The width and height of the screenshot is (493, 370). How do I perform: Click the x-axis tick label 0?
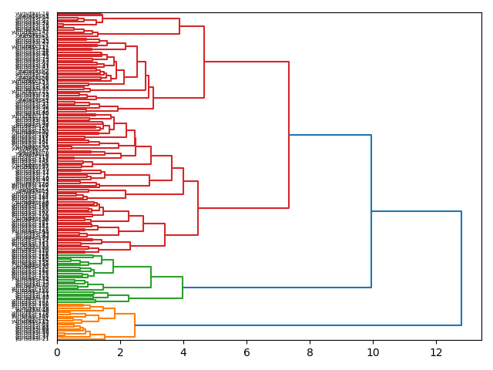[57, 351]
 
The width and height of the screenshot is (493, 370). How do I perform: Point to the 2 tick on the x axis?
[120, 351]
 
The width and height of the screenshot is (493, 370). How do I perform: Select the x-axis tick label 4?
[183, 351]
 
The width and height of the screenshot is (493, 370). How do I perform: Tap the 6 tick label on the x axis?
[246, 351]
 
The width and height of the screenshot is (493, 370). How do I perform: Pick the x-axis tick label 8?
[310, 351]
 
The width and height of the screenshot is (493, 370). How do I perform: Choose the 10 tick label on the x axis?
[373, 351]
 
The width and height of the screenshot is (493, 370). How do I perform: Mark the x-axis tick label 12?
[436, 351]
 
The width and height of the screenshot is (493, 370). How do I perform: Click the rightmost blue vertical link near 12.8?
[461, 268]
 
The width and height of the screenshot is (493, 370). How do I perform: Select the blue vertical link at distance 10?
[371, 211]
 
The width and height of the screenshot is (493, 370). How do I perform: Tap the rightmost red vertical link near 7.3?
[289, 135]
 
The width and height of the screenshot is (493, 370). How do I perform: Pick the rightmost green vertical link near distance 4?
[183, 288]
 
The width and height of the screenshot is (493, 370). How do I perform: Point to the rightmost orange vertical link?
[135, 325]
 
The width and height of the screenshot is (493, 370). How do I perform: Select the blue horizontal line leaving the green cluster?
[277, 288]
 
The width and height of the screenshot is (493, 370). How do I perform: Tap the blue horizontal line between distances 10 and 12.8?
[416, 211]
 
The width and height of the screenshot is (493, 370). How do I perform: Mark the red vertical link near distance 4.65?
[204, 62]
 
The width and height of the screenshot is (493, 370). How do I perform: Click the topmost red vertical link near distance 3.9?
[179, 26]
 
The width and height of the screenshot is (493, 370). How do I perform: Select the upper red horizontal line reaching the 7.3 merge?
[246, 62]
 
